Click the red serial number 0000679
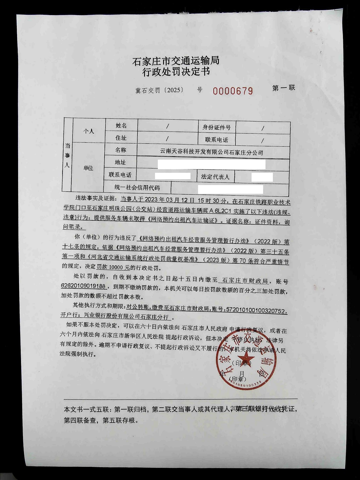tap(233, 91)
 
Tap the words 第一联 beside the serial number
tap(283, 88)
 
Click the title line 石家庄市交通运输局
tap(176, 61)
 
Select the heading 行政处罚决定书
tap(176, 72)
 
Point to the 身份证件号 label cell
tap(216, 128)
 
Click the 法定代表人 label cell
tap(215, 177)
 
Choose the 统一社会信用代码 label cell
tap(137, 188)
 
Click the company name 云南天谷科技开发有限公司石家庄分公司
tap(211, 152)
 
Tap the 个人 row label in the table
tap(88, 131)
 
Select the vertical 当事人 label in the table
tap(67, 155)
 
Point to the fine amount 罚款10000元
tap(113, 267)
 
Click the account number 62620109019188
tap(83, 286)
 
